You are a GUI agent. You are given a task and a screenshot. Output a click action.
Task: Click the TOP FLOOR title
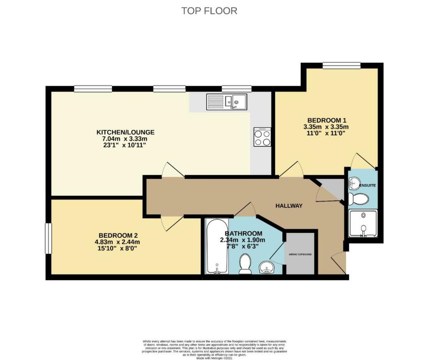(209, 10)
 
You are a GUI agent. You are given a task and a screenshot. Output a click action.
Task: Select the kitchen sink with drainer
(227, 101)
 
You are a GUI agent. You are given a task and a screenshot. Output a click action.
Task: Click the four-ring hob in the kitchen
(262, 137)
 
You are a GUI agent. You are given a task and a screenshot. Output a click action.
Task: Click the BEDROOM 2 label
(118, 235)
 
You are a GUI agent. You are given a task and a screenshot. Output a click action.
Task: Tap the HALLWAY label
(289, 206)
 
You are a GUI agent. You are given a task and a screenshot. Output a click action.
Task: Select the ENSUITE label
(367, 185)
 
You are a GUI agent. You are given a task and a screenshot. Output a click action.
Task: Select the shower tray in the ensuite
(363, 223)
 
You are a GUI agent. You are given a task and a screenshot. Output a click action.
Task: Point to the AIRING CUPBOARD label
(300, 254)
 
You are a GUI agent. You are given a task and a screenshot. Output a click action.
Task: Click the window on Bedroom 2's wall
(49, 238)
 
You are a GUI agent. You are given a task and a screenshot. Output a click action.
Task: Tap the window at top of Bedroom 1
(341, 65)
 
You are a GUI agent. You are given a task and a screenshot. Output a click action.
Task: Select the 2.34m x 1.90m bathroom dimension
(243, 240)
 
